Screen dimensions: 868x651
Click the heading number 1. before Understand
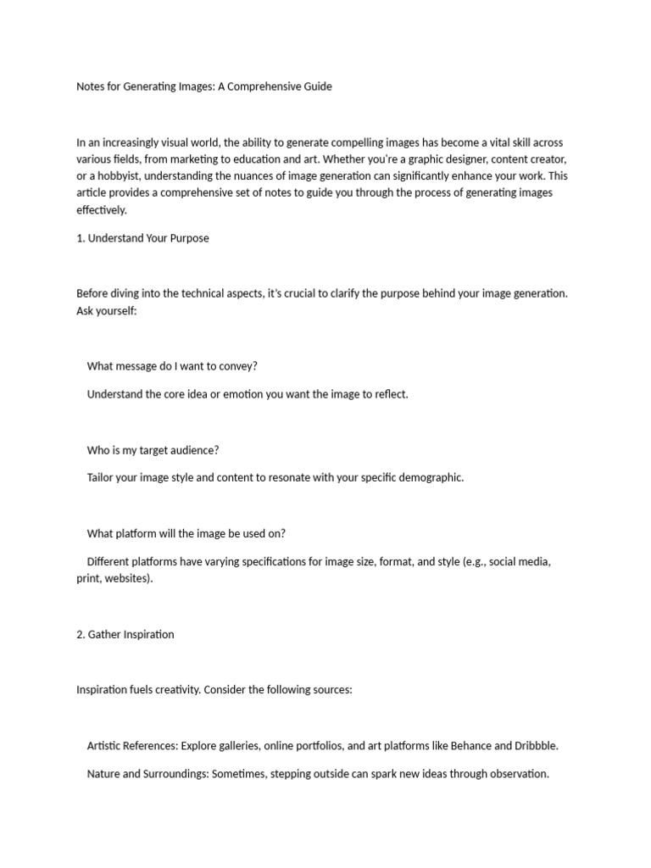[81, 238]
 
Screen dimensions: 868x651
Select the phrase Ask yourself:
[106, 311]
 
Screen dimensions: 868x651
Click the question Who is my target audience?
[153, 450]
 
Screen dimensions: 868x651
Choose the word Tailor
[100, 477]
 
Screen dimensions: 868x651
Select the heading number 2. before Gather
[81, 634]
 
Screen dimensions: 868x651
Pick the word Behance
[469, 746]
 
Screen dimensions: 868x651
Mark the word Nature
[104, 773]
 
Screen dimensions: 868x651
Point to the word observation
[518, 773]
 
